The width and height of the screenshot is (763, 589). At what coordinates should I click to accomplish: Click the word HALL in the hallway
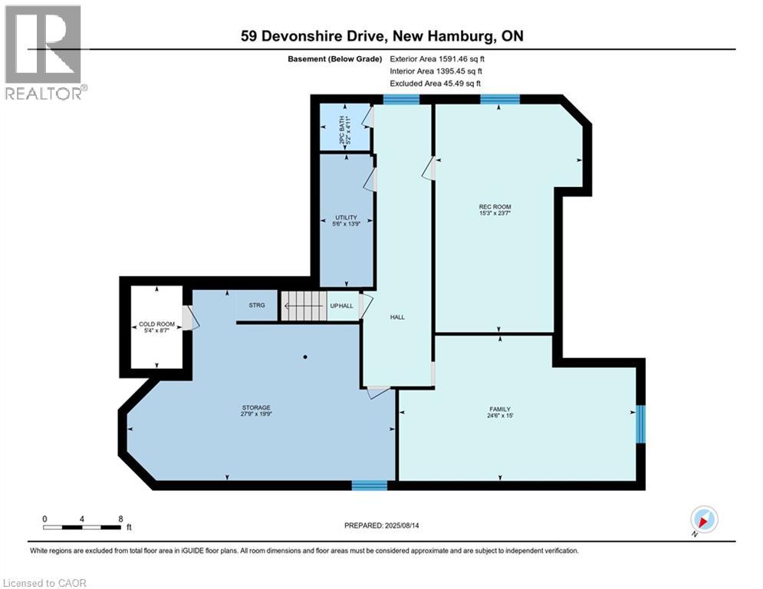[396, 317]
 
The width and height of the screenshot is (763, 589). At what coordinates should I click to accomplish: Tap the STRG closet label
[257, 305]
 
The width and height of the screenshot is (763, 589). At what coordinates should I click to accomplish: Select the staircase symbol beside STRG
[302, 306]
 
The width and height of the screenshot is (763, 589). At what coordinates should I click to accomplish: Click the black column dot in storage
[304, 357]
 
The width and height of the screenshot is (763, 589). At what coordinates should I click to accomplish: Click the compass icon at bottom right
[703, 520]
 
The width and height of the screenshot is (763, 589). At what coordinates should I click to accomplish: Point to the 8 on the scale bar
[120, 518]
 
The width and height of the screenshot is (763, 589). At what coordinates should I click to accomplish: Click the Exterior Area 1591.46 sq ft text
[436, 58]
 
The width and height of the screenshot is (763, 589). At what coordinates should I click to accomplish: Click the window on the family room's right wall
[640, 425]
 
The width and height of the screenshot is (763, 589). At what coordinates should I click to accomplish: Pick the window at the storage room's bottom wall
[370, 485]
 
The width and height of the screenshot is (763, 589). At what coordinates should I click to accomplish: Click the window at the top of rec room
[500, 99]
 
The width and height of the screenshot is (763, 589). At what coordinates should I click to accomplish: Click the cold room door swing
[190, 316]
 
